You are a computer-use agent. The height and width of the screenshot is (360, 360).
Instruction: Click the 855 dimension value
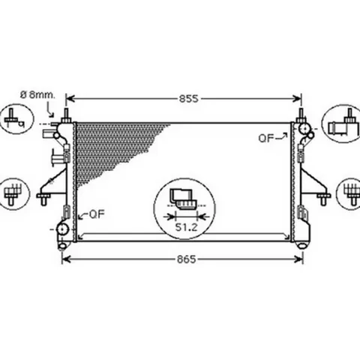coord(188,99)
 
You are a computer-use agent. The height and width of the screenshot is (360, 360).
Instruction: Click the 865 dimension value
coord(187,259)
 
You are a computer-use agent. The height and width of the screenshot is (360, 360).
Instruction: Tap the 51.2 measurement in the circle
coord(186,227)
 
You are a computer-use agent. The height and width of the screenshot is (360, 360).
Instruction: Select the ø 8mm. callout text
coord(37,95)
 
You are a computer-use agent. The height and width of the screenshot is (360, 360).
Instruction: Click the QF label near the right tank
coord(266,138)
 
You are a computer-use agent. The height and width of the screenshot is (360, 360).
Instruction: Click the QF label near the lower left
coord(97,214)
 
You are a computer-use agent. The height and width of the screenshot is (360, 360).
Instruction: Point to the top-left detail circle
coord(16,119)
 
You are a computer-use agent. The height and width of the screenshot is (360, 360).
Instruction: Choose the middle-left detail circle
coord(14,194)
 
